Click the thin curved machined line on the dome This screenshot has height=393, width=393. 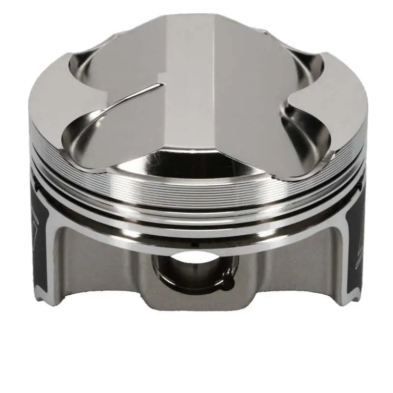point(133,98)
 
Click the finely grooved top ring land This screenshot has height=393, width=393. point(196,194)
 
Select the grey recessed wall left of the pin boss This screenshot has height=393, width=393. point(98,270)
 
